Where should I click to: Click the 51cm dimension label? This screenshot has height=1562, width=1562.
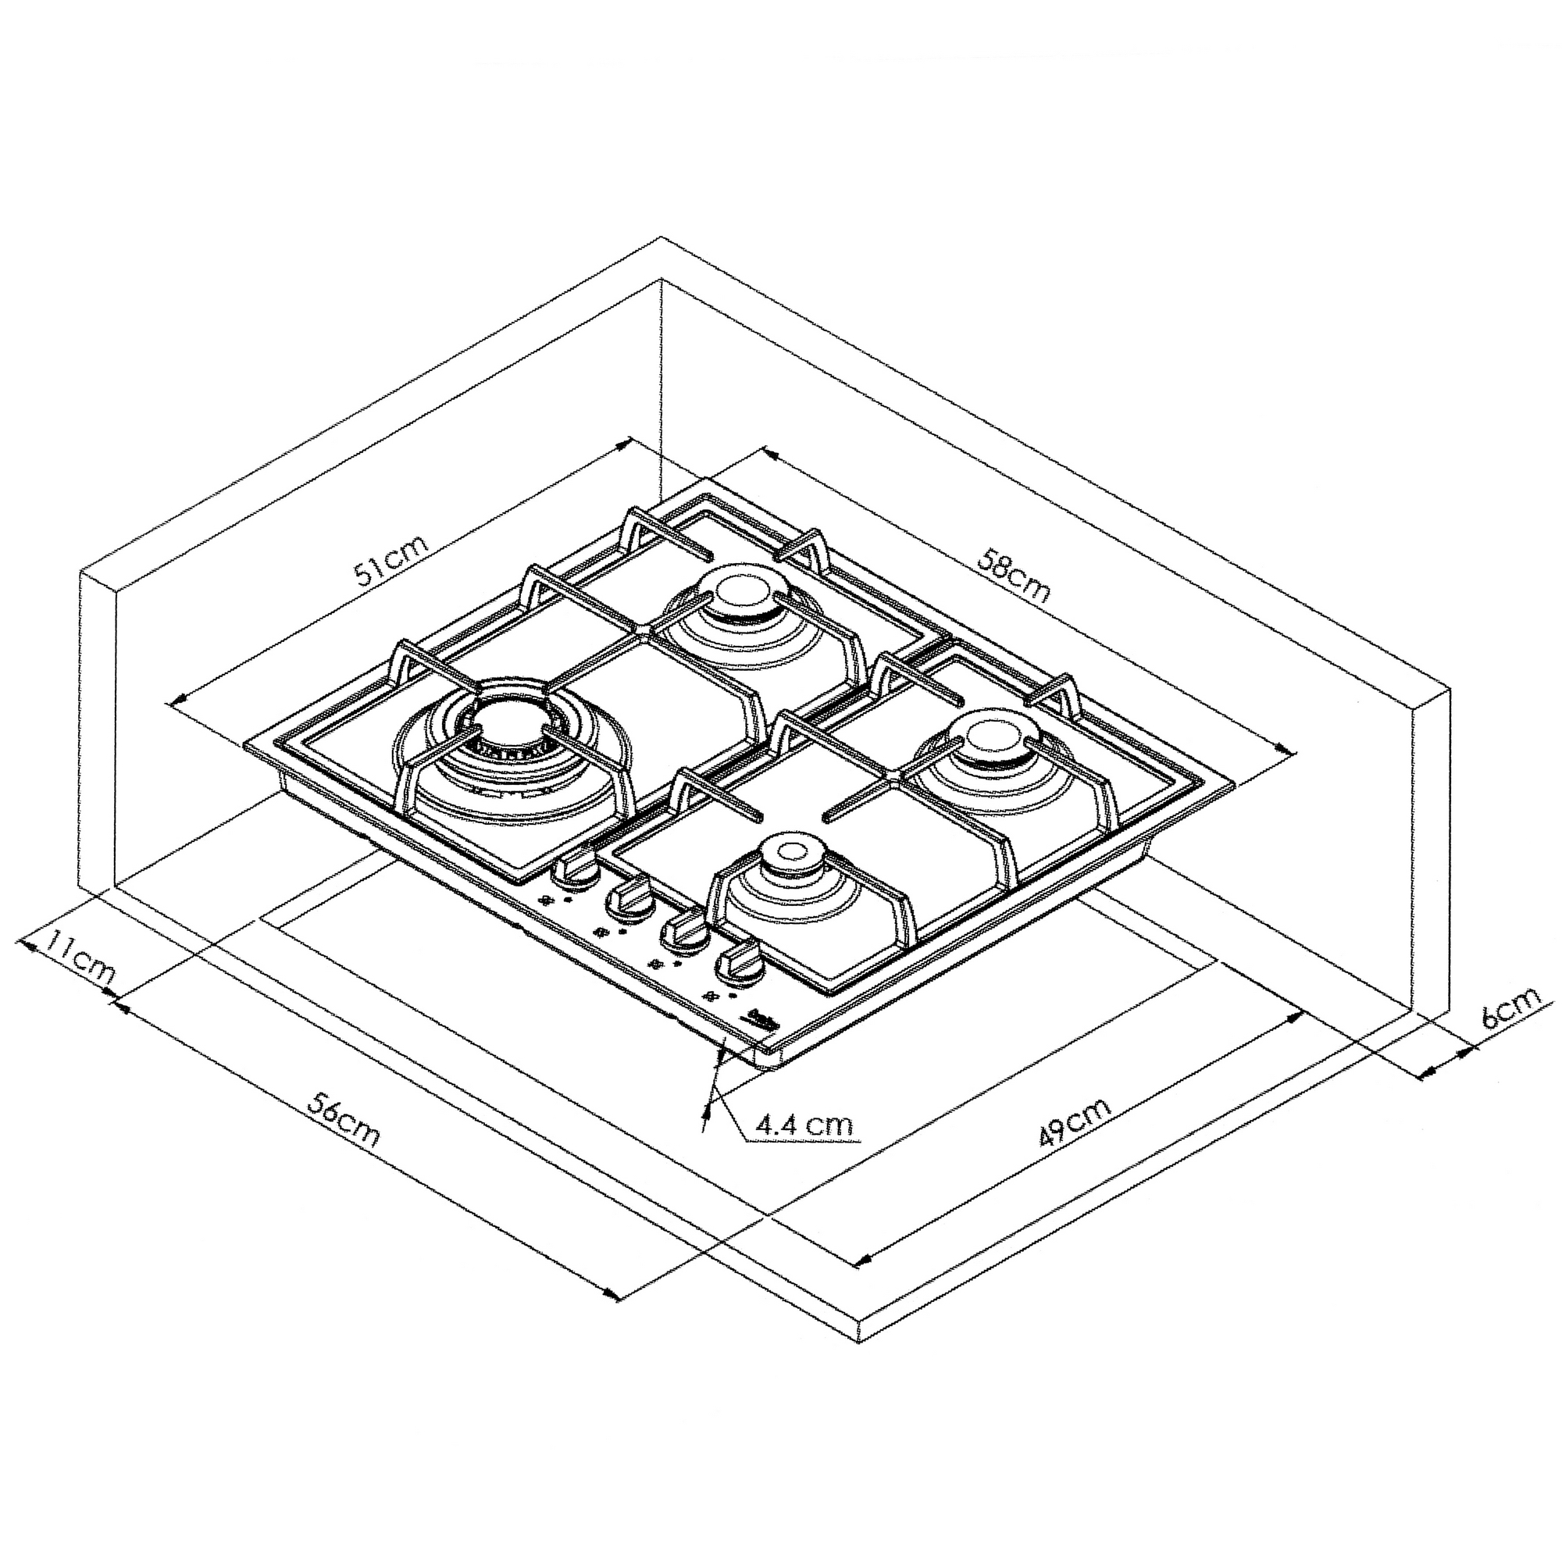tap(391, 558)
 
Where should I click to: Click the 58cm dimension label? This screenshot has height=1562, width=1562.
tap(1015, 575)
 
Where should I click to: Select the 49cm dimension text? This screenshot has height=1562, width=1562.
tap(1075, 1122)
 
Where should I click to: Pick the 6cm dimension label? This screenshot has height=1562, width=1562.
tap(1510, 1005)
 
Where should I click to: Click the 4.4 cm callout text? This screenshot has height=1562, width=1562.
tap(804, 1125)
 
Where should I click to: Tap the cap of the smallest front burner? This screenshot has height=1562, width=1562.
tap(788, 853)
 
